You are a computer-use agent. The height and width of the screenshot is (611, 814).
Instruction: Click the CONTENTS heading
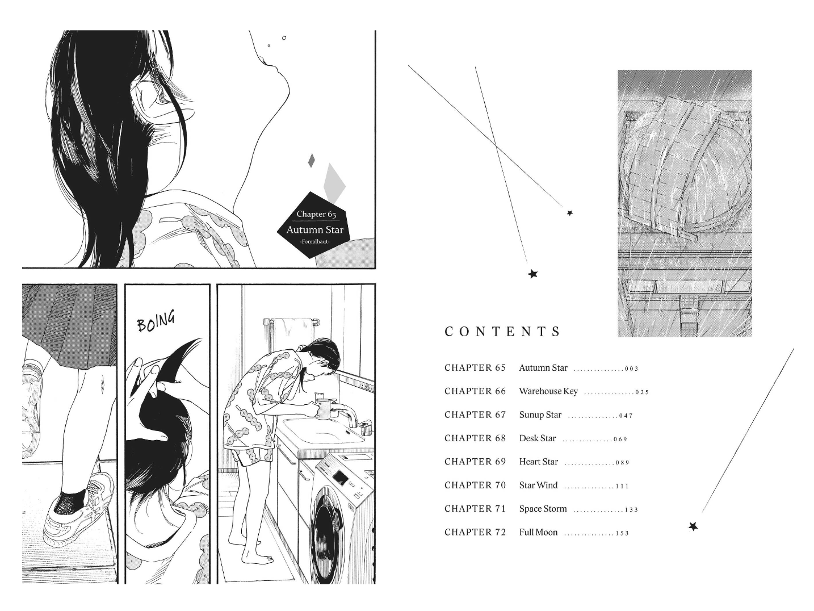pos(502,331)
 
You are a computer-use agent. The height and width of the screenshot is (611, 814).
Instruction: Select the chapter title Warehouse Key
pos(548,391)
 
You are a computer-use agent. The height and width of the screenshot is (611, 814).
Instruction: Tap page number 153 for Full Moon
pos(622,533)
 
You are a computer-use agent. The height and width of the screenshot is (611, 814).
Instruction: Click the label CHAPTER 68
pos(475,438)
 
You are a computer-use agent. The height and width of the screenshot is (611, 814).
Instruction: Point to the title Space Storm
pos(543,509)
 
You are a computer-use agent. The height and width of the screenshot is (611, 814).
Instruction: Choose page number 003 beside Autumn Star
pos(632,369)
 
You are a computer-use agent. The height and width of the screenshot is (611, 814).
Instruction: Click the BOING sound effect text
pos(156,322)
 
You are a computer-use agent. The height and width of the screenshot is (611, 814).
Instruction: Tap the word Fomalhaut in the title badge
pos(315,242)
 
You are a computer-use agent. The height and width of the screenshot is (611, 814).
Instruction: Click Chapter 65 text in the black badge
pos(316,214)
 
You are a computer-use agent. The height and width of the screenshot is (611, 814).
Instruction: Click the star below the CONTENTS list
pos(693,526)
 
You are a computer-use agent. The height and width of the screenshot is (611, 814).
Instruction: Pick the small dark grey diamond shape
pos(312,160)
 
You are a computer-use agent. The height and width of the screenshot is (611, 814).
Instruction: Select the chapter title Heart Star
pos(539,462)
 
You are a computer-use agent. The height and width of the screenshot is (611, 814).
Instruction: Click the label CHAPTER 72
pos(475,532)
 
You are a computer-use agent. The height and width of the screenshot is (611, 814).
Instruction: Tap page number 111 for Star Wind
pos(622,486)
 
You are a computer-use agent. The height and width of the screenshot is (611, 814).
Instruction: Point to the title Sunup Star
pos(540,415)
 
